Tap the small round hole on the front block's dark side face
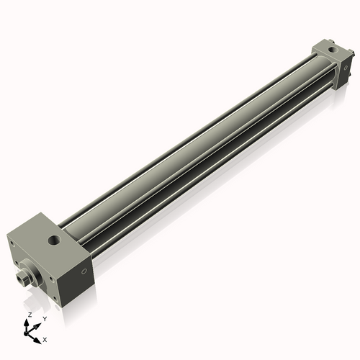[84, 271]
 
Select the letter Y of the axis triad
[45, 318]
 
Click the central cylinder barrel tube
[194, 144]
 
